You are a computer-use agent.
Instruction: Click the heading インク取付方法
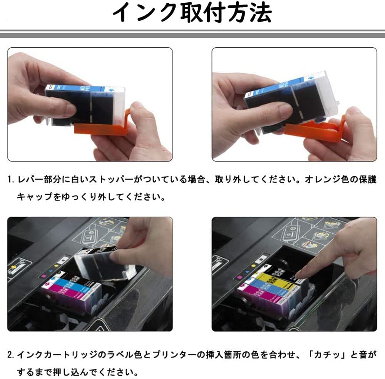192,14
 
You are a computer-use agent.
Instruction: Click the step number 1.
10,180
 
